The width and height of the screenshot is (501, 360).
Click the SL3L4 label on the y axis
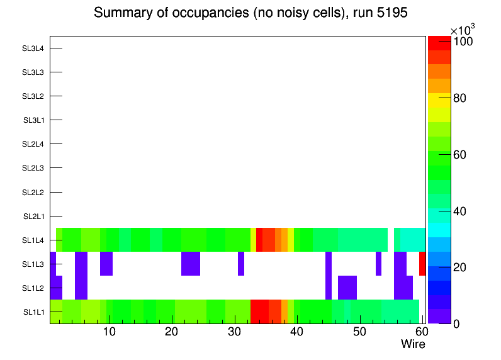[x=33, y=48]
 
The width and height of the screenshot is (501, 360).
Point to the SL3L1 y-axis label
[x=33, y=120]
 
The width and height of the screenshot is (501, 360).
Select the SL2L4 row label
[x=33, y=144]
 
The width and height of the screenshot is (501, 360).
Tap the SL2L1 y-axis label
[x=33, y=217]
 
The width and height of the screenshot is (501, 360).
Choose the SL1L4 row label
[x=33, y=240]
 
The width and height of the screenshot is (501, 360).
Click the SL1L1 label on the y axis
[x=33, y=312]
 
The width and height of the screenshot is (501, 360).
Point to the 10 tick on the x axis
[x=110, y=332]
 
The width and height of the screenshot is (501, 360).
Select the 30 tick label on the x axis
[x=234, y=332]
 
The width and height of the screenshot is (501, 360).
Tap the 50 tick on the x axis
[x=359, y=332]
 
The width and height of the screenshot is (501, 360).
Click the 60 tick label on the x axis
[x=420, y=332]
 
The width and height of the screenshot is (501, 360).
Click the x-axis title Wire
[x=413, y=344]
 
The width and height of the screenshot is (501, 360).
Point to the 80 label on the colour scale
[x=463, y=98]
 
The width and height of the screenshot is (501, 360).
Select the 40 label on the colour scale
[x=463, y=211]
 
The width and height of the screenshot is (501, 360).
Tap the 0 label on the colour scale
[x=457, y=323]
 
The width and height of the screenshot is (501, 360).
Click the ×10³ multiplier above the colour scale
[x=463, y=29]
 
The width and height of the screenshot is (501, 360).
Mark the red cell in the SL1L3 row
[x=422, y=264]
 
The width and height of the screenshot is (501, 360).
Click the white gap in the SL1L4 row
[x=390, y=240]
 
